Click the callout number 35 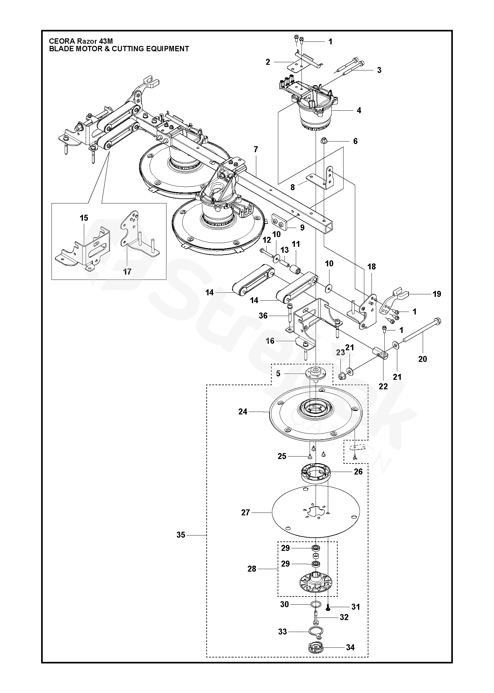click(x=181, y=535)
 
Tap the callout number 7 click(x=256, y=150)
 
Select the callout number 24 click(x=243, y=411)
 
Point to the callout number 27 click(x=245, y=513)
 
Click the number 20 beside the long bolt click(x=423, y=359)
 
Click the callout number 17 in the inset click(x=127, y=271)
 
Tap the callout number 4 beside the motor click(x=359, y=110)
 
